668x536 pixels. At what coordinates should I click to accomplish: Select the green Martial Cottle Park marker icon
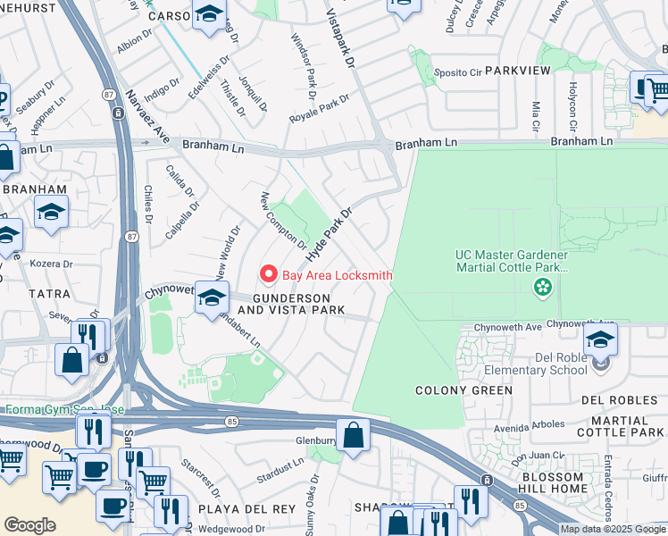(x=540, y=288)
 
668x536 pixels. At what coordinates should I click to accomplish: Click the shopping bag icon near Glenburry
(x=354, y=436)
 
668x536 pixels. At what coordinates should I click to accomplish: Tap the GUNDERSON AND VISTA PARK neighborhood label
(x=298, y=304)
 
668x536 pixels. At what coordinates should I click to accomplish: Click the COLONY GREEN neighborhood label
(x=464, y=390)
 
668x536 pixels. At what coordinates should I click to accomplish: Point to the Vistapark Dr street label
(x=347, y=41)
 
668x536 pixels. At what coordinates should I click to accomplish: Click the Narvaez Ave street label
(x=134, y=116)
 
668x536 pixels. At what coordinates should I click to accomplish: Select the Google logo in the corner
(x=29, y=525)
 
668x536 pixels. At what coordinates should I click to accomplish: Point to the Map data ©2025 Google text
(x=613, y=529)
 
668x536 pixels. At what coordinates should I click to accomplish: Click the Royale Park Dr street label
(x=318, y=109)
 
